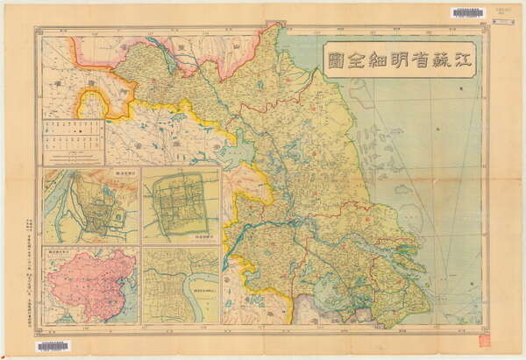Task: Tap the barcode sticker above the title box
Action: (466, 12)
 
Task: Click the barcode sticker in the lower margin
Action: (53, 347)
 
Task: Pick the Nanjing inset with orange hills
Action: (89, 207)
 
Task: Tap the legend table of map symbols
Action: (74, 142)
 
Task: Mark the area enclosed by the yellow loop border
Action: (91, 104)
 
